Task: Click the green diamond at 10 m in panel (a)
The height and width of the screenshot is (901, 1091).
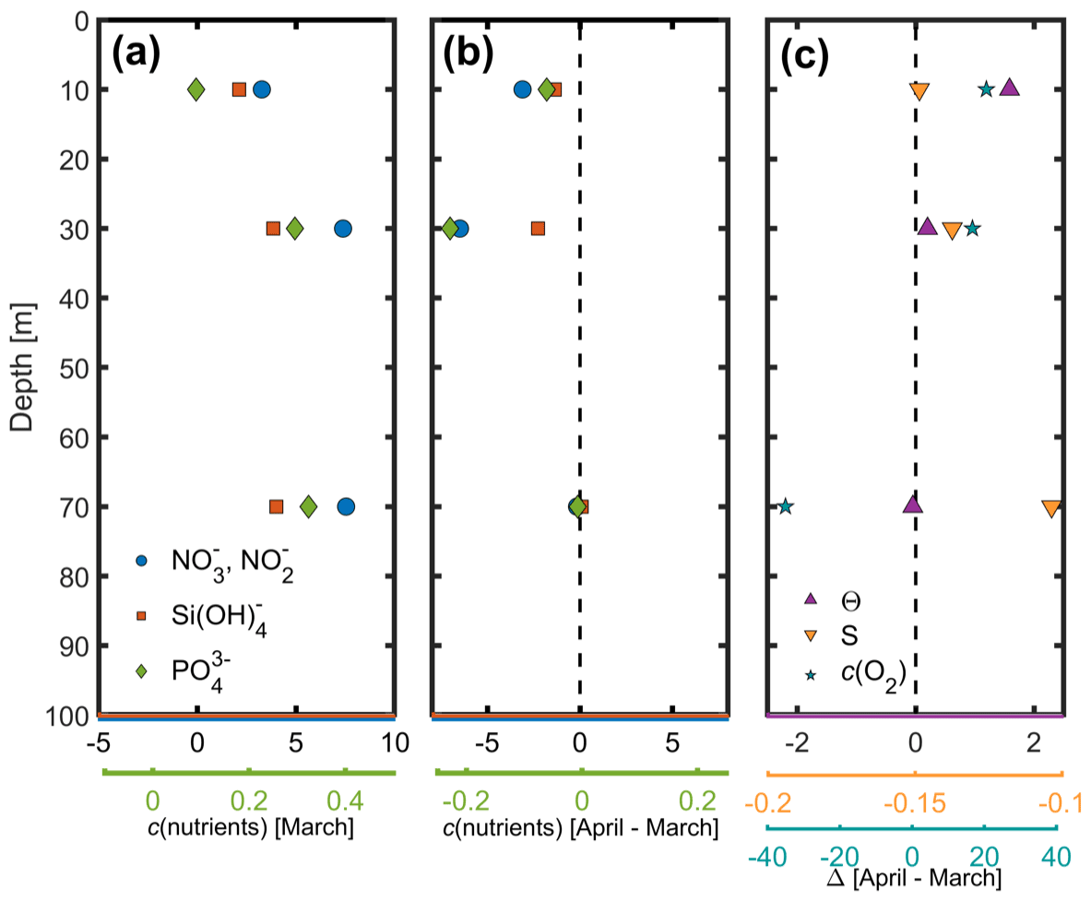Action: point(196,89)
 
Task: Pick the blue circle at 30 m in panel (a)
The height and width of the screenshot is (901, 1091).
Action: point(343,229)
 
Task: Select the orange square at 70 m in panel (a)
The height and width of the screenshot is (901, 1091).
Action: point(277,506)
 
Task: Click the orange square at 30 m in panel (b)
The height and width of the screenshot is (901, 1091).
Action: point(539,229)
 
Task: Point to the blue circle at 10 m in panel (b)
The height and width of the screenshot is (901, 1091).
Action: point(523,89)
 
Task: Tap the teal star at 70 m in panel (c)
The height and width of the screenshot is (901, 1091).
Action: point(785,506)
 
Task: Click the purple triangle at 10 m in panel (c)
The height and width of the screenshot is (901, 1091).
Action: point(1009,88)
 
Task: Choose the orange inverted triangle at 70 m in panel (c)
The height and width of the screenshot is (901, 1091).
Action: point(1051,508)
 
